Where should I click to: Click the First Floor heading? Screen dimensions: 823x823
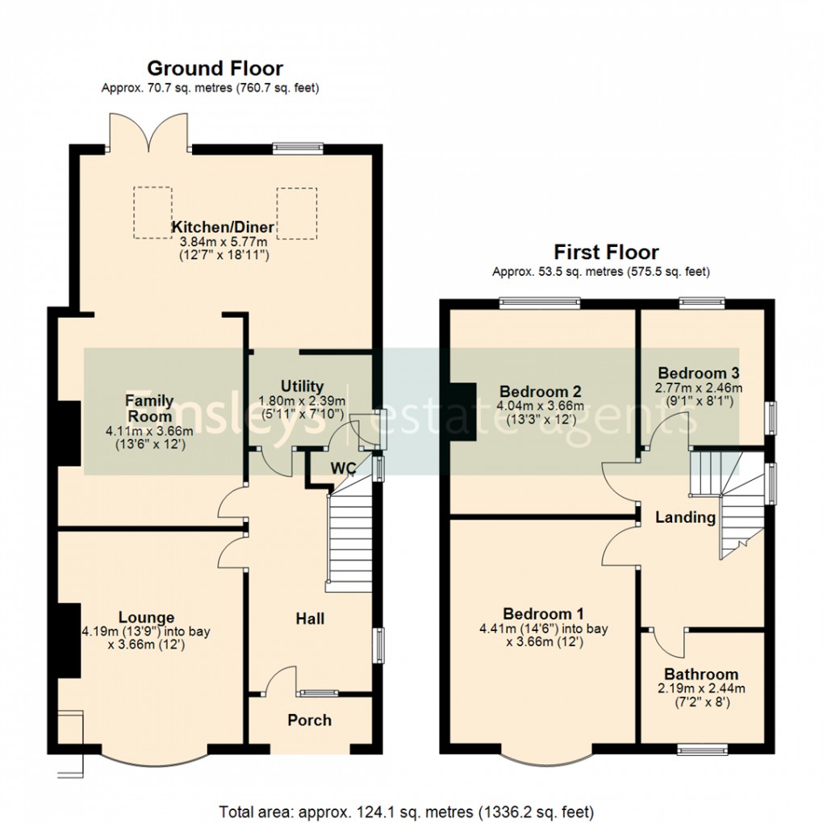click(605, 252)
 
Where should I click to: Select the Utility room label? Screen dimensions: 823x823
click(302, 386)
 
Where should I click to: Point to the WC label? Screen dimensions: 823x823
click(342, 469)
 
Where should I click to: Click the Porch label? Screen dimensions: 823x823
click(309, 720)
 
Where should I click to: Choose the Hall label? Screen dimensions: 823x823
click(310, 618)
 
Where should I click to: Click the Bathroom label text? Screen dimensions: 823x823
click(700, 674)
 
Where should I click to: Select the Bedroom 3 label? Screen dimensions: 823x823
click(699, 373)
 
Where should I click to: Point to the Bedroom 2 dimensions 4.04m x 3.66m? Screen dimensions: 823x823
click(539, 406)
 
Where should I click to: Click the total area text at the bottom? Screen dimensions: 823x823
click(406, 809)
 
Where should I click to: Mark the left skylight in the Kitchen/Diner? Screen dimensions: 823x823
click(152, 212)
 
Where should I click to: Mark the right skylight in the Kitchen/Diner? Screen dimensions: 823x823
click(298, 212)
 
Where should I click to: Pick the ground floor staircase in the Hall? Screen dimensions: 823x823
click(349, 537)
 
